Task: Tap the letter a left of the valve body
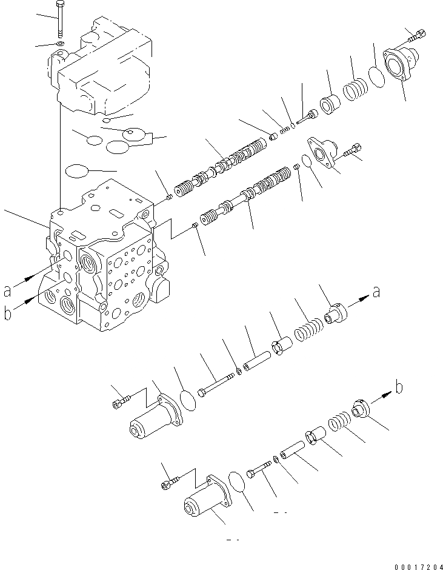[x=7, y=292]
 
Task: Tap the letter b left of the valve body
[x=7, y=314]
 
